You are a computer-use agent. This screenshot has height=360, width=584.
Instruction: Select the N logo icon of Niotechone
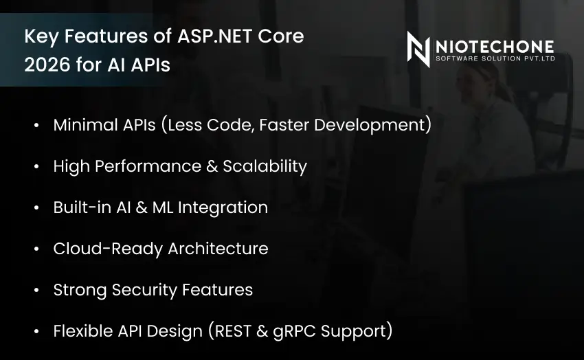click(x=418, y=49)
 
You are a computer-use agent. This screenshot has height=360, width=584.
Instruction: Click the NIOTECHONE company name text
click(x=495, y=46)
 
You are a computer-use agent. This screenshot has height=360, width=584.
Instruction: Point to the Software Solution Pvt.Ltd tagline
click(x=495, y=59)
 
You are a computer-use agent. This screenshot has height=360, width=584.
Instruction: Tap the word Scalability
click(x=265, y=166)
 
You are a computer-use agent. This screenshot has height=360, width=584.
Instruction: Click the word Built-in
click(x=78, y=207)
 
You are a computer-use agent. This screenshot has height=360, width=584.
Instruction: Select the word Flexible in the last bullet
click(x=80, y=331)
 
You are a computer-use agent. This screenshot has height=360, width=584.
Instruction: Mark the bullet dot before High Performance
click(x=36, y=167)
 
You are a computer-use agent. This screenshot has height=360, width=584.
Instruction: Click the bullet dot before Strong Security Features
click(x=36, y=291)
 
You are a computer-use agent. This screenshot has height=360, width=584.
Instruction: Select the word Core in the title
click(x=281, y=36)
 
